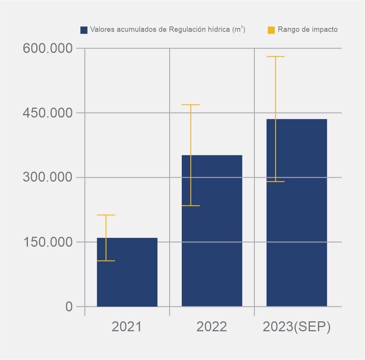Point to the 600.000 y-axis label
pos(48,49)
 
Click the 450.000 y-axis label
pos(48,113)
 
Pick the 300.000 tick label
pos(48,177)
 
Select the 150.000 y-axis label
pos(48,242)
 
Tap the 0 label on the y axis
pos(69,306)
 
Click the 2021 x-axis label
pos(127,327)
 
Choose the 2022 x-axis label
pos(212,327)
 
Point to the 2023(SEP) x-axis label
pos(297,327)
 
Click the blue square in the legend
pos(84,30)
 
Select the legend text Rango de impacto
pos(308,29)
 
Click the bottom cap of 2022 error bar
pos(191,206)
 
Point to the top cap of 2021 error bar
pos(106,215)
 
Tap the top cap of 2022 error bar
pos(191,105)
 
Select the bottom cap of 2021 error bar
pos(106,261)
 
